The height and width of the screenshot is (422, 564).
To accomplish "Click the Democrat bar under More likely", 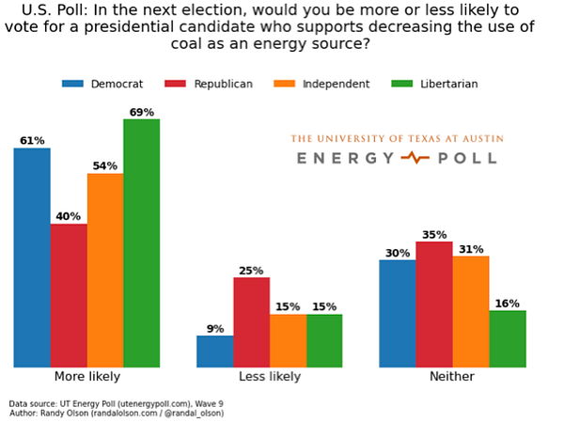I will click(x=32, y=258).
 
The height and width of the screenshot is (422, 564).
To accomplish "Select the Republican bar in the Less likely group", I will click(x=251, y=321).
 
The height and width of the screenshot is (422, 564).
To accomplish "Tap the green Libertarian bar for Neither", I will click(x=508, y=338).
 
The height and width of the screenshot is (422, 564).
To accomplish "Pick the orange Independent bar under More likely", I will click(x=105, y=270).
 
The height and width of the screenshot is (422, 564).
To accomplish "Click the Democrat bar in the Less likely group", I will click(x=215, y=351).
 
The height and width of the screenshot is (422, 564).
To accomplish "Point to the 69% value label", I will click(x=142, y=113).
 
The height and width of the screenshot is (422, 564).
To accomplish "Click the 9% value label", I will click(x=215, y=329).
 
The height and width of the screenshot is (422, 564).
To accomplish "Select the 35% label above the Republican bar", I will click(x=434, y=235).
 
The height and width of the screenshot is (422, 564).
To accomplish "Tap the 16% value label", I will click(x=508, y=304).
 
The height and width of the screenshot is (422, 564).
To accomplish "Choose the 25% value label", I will click(x=251, y=271).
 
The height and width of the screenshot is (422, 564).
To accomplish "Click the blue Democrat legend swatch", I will click(x=72, y=84).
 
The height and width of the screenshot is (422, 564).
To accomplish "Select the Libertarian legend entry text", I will click(x=449, y=84).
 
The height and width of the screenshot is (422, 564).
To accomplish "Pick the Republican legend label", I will click(x=223, y=84).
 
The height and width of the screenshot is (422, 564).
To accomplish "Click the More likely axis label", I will click(x=87, y=377).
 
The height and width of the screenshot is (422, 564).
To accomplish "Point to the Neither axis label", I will click(x=452, y=377).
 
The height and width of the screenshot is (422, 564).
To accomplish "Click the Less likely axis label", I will click(x=270, y=377).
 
